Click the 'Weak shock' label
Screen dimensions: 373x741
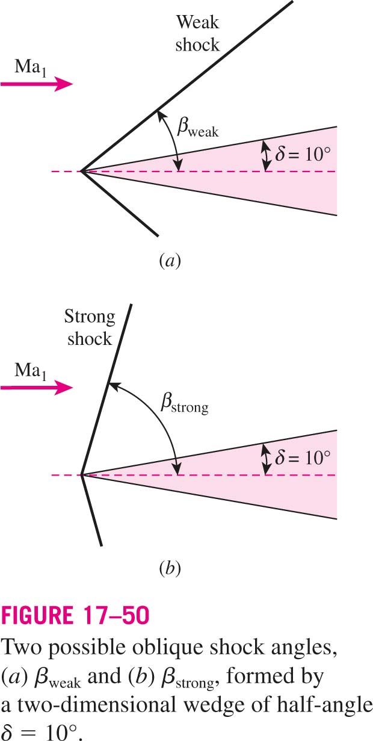click(197, 34)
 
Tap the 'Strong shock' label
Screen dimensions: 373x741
click(90, 327)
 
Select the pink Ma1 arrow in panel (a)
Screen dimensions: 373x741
click(37, 84)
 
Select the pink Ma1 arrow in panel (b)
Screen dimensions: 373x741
click(37, 388)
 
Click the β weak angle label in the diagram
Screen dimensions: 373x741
click(198, 128)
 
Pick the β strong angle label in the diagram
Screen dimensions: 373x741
click(185, 403)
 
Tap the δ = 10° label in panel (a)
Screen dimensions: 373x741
click(303, 154)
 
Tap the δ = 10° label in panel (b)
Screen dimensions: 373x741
click(303, 457)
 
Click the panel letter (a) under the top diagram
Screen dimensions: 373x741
click(170, 261)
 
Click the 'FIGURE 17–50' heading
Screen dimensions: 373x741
click(75, 615)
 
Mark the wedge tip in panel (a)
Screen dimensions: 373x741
click(81, 172)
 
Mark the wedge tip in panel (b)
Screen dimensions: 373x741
click(81, 475)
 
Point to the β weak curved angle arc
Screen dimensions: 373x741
click(174, 140)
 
